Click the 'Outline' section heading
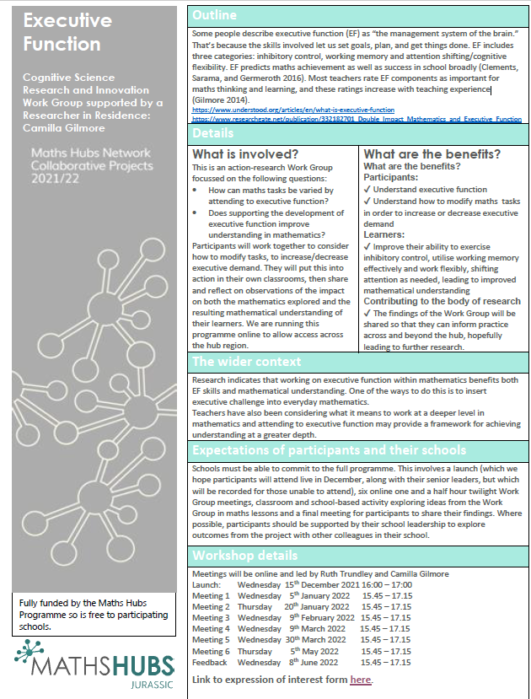(x=214, y=15)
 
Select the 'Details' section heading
(x=213, y=133)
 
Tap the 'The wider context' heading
(x=246, y=363)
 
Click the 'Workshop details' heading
(x=244, y=556)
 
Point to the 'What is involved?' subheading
(x=245, y=153)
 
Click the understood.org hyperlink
(x=293, y=110)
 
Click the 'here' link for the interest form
(x=360, y=680)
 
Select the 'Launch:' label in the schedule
(x=206, y=584)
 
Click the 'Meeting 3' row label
(x=211, y=617)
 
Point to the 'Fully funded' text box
(x=90, y=614)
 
